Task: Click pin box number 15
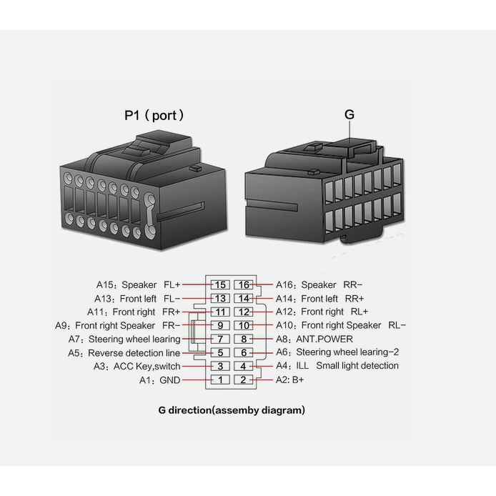[221, 284]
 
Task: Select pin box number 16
[244, 284]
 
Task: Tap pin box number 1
[221, 380]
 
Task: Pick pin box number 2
[244, 380]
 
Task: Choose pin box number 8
[244, 339]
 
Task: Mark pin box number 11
[221, 312]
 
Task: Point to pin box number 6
[244, 352]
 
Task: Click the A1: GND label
[159, 380]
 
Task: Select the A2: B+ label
[290, 380]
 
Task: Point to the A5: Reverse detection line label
[124, 353]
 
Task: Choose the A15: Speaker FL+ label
[139, 284]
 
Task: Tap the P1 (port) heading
[154, 114]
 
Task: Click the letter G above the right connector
[349, 114]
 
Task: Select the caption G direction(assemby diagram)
[232, 410]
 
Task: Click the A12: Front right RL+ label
[322, 312]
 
